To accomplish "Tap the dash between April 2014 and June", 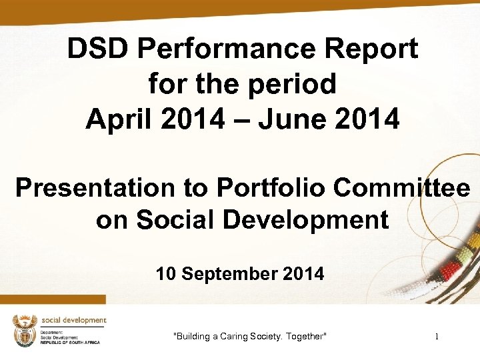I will (243, 120).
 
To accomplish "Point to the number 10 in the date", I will (166, 273).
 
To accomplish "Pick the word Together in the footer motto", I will (306, 337).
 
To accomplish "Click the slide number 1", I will (437, 337).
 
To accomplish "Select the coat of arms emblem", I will (25, 330).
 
